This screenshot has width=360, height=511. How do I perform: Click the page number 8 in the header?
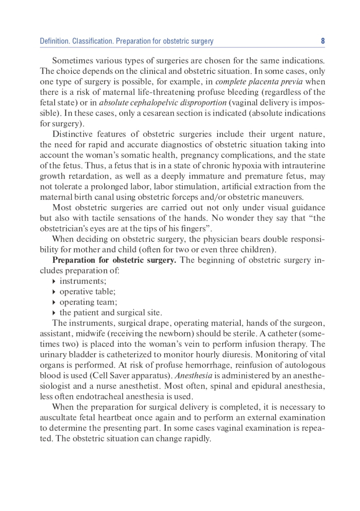coord(323,41)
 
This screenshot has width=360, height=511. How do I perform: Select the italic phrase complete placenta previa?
coord(259,82)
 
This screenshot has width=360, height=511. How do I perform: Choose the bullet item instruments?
coord(83,281)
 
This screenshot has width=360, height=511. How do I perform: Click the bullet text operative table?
coord(87,291)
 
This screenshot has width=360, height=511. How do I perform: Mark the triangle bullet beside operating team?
coord(54,302)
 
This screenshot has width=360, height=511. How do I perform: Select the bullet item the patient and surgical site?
coord(111,312)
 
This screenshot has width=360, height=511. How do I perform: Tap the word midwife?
coord(91,334)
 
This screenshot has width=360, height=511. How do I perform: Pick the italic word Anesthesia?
coord(193,375)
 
